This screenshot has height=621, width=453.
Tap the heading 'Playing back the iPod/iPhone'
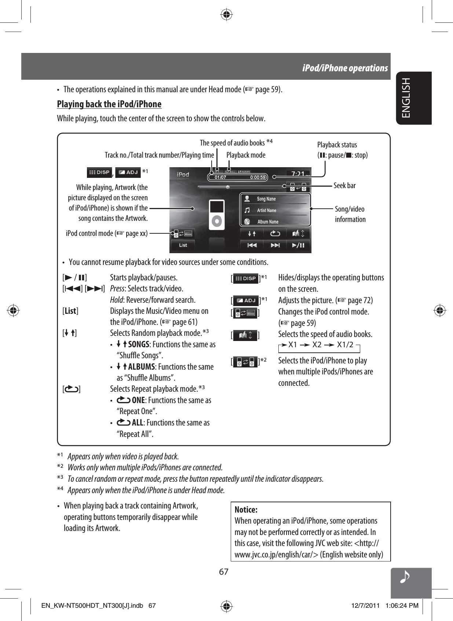pos(109,104)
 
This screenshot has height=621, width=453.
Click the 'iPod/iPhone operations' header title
pos(345,68)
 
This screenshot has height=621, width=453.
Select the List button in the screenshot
pos(183,245)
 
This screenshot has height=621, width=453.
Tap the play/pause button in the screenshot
pos(298,245)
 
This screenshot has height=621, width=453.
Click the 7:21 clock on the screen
pos(298,173)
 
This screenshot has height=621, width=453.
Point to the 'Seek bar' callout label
pos(344,186)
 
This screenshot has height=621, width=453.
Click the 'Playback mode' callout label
pos(246,155)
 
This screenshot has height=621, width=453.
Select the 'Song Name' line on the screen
pos(266,199)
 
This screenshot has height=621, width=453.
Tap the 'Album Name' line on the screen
pos(268,222)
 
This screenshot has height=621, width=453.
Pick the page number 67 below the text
pos(223,572)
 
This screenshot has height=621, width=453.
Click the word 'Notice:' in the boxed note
pos(246,510)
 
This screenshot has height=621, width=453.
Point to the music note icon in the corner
pos(405,578)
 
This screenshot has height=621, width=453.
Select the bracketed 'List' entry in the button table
pos(70,311)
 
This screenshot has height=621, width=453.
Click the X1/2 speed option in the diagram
pos(345,345)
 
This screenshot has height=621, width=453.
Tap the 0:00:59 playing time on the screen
pos(258,177)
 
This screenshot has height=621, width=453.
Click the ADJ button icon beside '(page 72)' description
pos(245,301)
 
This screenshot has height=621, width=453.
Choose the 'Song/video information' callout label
pos(350,214)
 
